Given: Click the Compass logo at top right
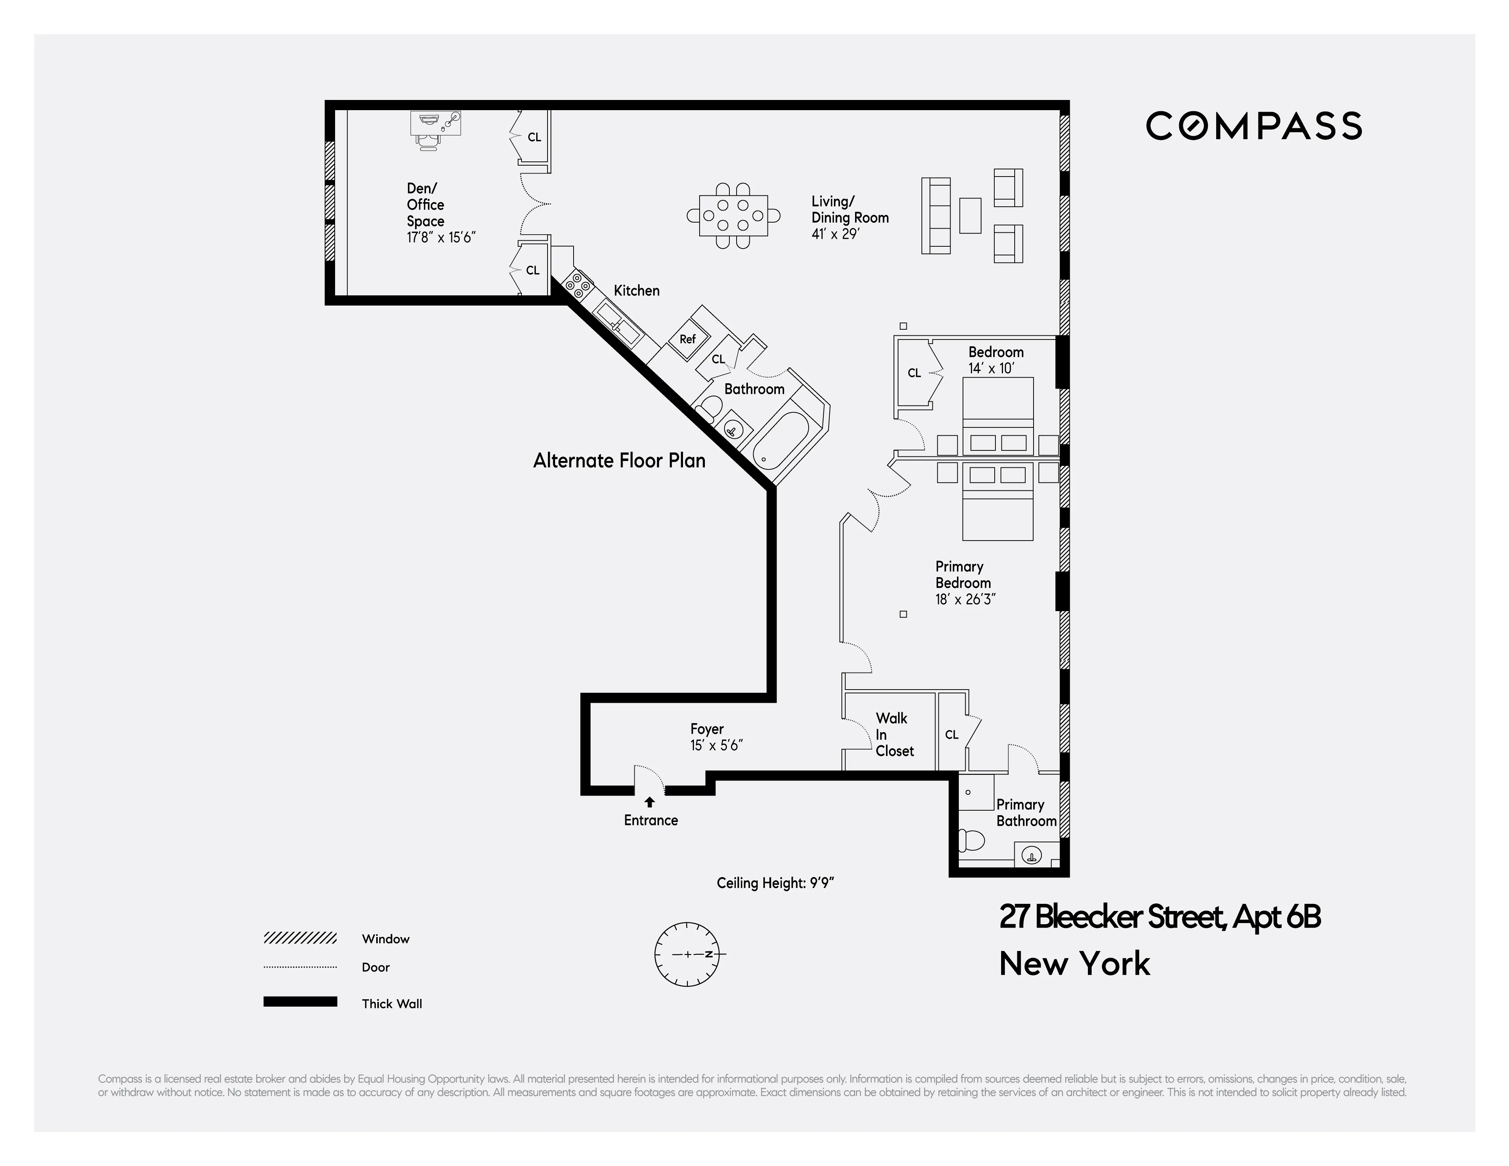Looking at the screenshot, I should click(x=1254, y=126).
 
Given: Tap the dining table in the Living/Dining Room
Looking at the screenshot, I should click(x=733, y=215).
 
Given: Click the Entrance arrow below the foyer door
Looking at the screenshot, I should click(x=649, y=802).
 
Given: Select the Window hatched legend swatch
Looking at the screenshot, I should click(x=300, y=938).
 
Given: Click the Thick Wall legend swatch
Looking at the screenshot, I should click(x=300, y=1002).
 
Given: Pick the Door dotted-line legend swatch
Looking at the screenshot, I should click(x=300, y=967).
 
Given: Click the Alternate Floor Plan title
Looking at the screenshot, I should click(x=619, y=461).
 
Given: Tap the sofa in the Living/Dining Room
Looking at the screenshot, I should click(x=935, y=215).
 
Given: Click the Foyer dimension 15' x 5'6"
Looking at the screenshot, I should click(x=716, y=745).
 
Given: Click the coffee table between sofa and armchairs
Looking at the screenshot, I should click(x=970, y=215).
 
